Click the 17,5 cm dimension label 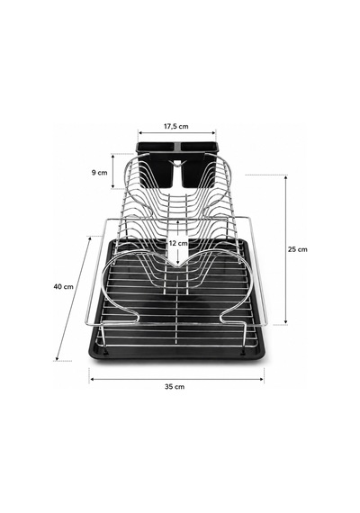click(176, 126)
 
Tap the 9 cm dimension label click(100, 173)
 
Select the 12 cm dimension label click(178, 243)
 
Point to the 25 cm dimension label click(298, 249)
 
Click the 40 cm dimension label click(64, 286)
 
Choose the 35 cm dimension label click(175, 387)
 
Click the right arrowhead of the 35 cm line click(262, 379)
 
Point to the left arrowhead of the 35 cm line click(92, 379)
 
